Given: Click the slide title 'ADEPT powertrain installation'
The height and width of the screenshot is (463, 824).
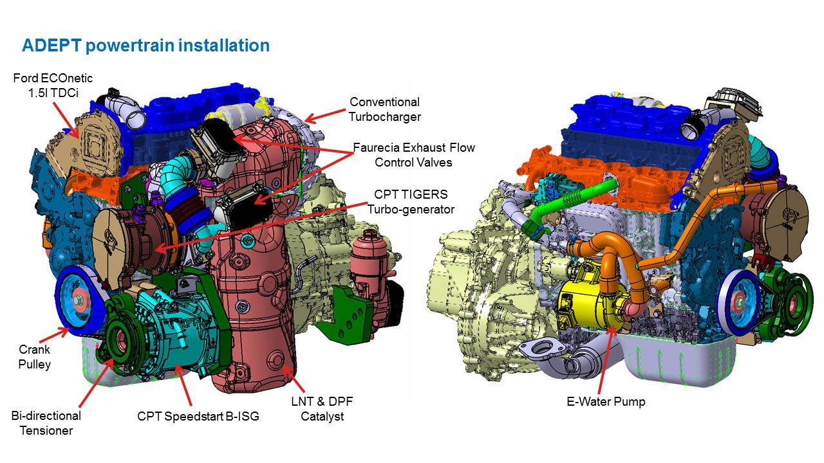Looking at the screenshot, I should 145,46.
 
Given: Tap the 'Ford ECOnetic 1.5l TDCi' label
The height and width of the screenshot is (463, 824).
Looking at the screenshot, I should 53,85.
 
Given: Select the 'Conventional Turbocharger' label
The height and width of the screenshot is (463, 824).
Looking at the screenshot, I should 384,109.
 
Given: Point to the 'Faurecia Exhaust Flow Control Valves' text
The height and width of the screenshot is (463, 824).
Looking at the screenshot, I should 413,155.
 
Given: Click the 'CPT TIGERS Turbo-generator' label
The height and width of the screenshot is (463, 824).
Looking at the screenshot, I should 411,201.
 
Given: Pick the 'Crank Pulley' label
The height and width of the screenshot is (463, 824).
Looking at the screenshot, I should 34,357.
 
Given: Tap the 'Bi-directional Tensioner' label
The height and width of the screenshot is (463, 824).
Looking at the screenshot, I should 46,423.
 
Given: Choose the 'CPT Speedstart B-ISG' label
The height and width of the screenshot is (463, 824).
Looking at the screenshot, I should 198,416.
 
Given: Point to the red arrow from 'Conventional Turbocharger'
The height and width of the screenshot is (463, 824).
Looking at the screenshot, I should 324,116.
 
